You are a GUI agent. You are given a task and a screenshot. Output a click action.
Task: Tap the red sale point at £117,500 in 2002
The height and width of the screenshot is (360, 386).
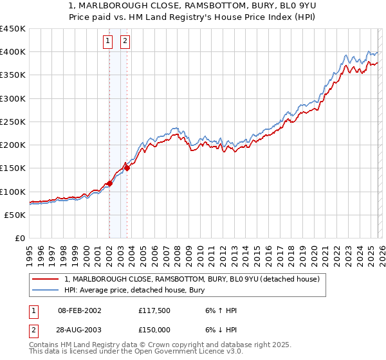(109, 183)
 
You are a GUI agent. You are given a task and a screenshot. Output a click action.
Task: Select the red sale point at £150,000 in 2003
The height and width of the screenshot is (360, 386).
(127, 168)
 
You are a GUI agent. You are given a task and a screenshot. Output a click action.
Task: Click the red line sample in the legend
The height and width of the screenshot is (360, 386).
(46, 279)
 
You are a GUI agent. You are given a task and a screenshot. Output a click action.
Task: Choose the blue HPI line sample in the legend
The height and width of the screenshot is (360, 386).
(46, 290)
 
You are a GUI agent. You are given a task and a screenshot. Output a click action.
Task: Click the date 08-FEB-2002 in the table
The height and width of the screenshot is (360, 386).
(78, 310)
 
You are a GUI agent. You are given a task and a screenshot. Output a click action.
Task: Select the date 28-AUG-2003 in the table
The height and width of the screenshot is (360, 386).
(78, 330)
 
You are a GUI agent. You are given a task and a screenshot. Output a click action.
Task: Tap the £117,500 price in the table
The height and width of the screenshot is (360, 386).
(154, 310)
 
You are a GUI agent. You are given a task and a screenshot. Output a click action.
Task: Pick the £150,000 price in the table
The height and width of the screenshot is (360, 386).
(154, 330)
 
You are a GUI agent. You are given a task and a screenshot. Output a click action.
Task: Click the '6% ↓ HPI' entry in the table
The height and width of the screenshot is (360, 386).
(219, 330)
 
